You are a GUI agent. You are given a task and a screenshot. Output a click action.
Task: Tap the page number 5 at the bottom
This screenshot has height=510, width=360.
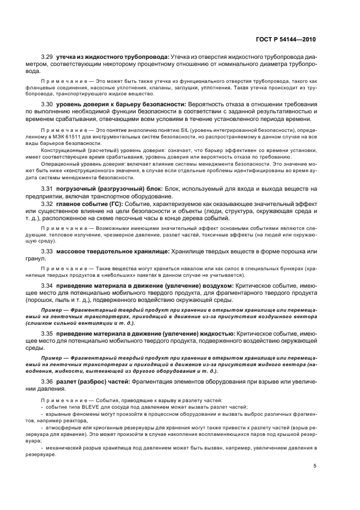click(314, 466)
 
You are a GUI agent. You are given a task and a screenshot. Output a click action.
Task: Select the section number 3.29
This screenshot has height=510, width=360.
click(47, 57)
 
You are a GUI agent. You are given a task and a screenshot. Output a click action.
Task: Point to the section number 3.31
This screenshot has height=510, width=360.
click(47, 189)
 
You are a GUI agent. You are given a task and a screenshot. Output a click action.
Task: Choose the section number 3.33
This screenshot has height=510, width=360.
click(47, 252)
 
